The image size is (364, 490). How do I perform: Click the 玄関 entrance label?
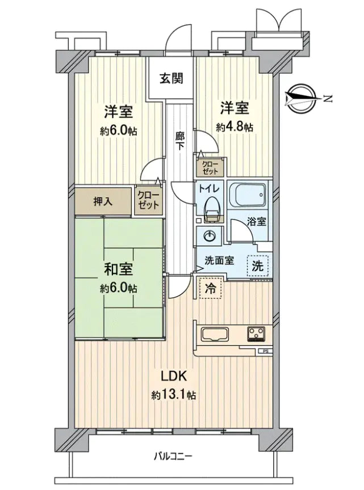click(x=171, y=78)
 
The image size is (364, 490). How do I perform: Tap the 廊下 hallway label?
click(x=179, y=141)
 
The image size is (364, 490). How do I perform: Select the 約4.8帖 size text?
click(x=235, y=127)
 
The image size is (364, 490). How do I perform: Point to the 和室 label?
click(x=118, y=269)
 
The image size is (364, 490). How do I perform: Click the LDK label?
click(x=174, y=377)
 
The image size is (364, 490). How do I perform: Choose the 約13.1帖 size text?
click(x=174, y=395)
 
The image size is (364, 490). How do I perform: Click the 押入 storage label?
click(x=103, y=202)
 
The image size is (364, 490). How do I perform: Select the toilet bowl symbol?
click(x=212, y=209)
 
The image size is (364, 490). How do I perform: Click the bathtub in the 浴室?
click(x=248, y=196)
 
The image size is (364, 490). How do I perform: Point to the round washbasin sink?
click(x=209, y=236)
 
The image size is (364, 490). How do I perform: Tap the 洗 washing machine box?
click(x=258, y=266)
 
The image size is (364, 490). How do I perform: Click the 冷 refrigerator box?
click(x=211, y=288)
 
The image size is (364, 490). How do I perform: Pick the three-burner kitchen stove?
click(x=256, y=334)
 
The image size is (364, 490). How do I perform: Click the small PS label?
click(x=265, y=351)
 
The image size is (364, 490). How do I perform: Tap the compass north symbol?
click(x=301, y=99)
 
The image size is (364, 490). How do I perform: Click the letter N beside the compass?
click(x=328, y=99)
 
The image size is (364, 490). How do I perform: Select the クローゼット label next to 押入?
click(x=149, y=200)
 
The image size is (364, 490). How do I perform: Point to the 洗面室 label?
click(x=219, y=260)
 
